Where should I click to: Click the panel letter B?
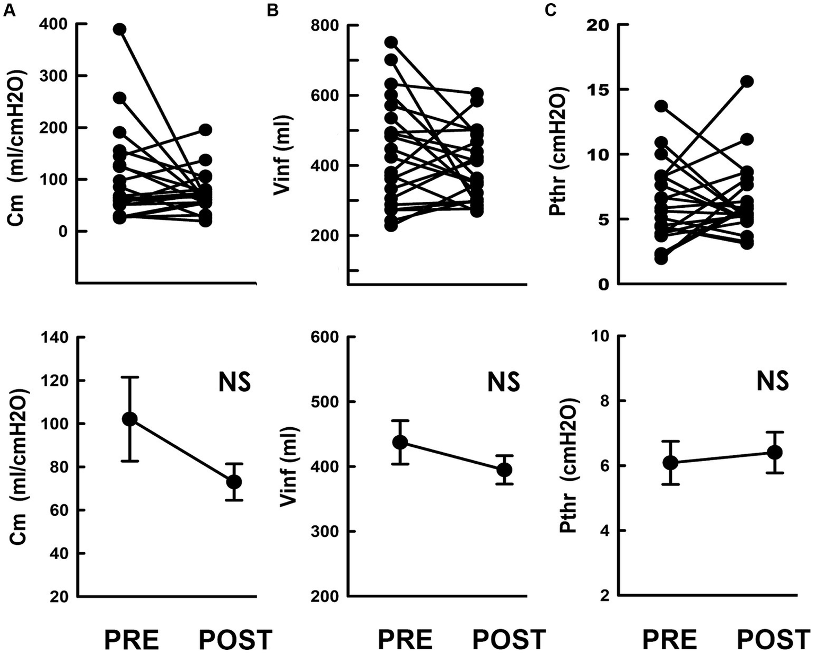[273, 11]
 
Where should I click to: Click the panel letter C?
[551, 11]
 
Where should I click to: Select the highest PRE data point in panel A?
[120, 29]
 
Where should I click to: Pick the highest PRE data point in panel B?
[391, 42]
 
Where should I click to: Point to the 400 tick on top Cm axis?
[53, 24]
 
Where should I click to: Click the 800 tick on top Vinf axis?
[322, 25]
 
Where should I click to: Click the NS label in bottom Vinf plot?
[503, 382]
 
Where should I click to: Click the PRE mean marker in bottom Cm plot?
[129, 419]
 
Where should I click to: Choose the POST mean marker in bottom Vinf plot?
[504, 470]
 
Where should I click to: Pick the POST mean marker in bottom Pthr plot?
[775, 452]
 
